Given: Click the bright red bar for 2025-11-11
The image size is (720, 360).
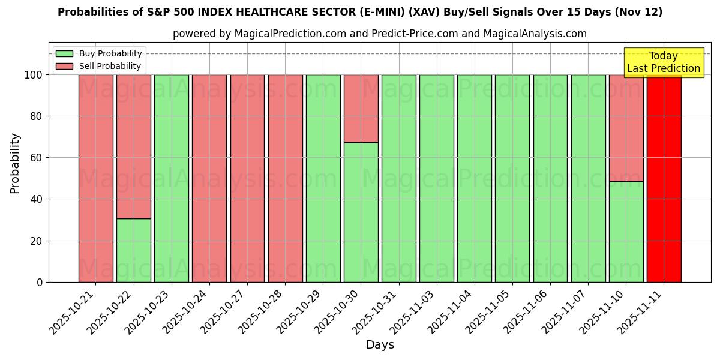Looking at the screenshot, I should [664, 178].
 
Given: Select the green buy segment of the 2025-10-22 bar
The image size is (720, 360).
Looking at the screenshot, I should [133, 250].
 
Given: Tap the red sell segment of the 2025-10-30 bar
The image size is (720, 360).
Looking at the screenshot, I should [361, 109].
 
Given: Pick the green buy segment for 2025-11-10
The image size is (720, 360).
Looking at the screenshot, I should [626, 232].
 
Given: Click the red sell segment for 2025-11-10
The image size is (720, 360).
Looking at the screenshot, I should [626, 128].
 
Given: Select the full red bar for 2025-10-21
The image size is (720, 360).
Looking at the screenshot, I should [95, 178].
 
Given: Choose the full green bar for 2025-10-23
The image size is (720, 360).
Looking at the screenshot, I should [171, 178].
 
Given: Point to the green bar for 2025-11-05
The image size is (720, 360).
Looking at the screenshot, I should [512, 178].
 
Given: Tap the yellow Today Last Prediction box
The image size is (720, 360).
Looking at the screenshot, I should [663, 62].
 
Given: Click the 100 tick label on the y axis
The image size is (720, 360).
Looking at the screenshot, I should [33, 75].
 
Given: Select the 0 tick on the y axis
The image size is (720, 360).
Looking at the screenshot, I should [40, 282].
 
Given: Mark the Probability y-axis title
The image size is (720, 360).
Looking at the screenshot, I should [15, 163].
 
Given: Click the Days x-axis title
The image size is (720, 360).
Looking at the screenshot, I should [380, 345].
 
